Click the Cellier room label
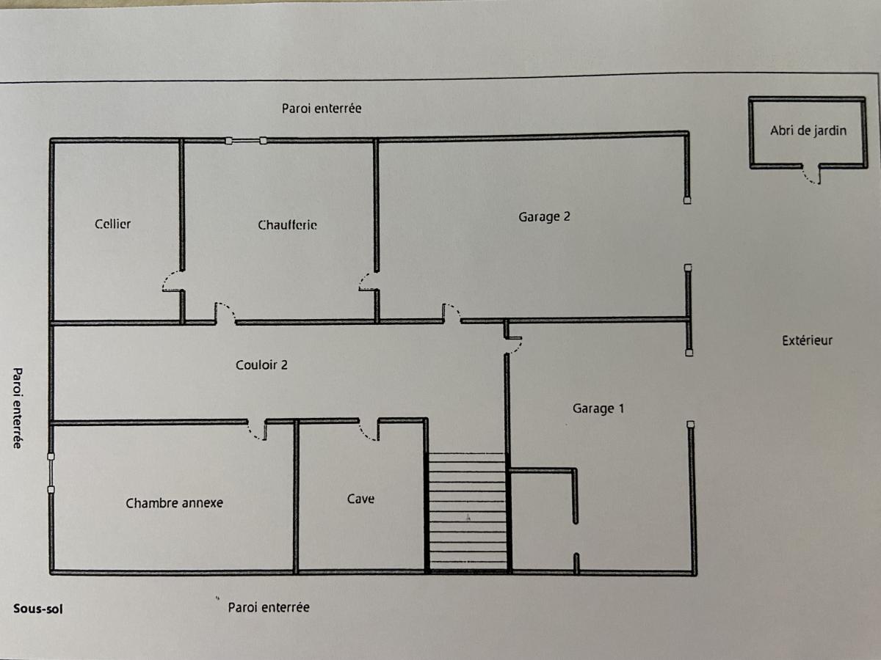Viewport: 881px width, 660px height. [113, 224]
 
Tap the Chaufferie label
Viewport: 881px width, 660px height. [287, 225]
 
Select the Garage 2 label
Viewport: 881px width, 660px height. [544, 217]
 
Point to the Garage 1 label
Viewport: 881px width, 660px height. [598, 408]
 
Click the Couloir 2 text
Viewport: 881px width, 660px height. [261, 364]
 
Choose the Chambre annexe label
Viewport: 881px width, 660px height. [174, 503]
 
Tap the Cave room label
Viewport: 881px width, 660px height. [360, 499]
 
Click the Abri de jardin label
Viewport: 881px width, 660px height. [808, 131]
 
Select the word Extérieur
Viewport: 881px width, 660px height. [807, 340]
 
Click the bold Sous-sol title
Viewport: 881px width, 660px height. [38, 609]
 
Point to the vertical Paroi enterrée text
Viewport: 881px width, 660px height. [18, 408]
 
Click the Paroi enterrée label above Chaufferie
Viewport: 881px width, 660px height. [322, 109]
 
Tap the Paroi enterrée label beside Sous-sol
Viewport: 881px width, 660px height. [269, 607]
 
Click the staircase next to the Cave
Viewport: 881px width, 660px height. [467, 511]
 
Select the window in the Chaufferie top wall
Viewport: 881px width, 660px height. [246, 141]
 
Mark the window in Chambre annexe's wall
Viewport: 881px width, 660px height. [51, 473]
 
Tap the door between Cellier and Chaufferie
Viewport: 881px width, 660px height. [173, 281]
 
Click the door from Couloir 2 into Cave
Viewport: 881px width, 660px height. [369, 430]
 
